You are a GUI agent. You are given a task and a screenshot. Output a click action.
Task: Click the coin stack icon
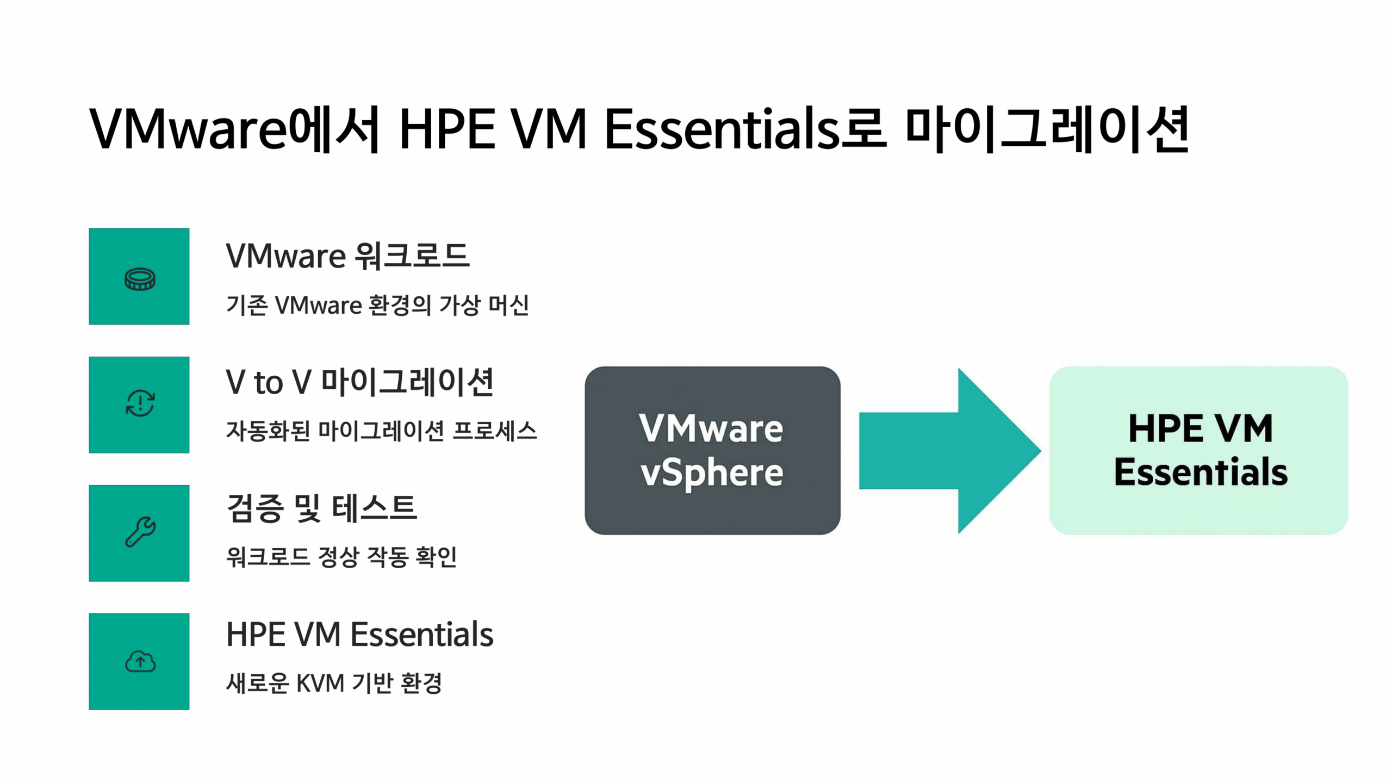click(140, 279)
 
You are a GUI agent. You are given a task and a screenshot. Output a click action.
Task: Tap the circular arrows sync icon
click(140, 403)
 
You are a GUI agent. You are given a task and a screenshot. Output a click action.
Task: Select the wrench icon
click(140, 531)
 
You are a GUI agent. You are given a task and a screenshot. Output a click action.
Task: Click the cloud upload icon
click(140, 661)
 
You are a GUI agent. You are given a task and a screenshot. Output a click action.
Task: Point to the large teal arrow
click(949, 451)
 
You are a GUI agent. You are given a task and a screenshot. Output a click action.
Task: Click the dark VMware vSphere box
click(712, 450)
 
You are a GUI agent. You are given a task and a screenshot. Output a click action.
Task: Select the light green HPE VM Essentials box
click(1198, 450)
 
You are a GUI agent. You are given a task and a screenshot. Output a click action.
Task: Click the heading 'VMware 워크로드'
click(348, 256)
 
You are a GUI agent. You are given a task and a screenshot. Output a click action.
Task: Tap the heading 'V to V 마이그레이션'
click(360, 382)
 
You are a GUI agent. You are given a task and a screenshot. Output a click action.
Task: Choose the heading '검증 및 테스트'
click(321, 508)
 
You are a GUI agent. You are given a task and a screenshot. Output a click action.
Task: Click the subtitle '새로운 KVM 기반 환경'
click(334, 683)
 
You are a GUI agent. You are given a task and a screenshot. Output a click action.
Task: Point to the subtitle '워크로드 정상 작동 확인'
click(341, 557)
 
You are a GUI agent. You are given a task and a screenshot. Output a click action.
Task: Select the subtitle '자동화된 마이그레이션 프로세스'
click(381, 431)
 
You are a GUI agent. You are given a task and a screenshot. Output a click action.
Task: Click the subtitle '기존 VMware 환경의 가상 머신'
click(377, 305)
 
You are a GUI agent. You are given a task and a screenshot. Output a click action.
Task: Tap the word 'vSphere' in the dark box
click(712, 473)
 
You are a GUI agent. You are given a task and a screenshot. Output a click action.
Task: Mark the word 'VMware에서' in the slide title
click(234, 129)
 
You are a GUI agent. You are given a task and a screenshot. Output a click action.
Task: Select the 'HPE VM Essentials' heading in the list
click(360, 634)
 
